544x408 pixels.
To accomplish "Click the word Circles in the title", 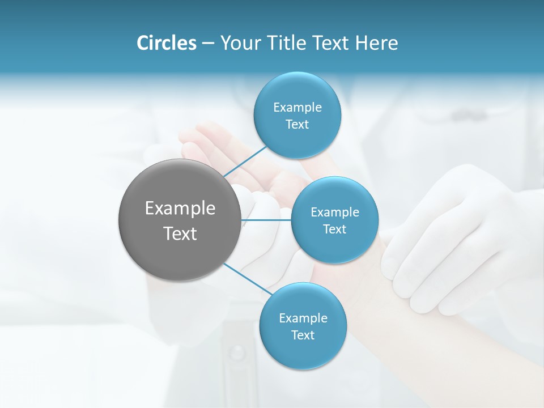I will tap(167, 43).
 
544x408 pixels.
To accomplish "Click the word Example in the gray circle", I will tap(180, 209).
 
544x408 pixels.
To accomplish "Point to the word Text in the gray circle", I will tap(180, 233).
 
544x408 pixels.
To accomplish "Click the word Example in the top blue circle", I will tap(297, 108).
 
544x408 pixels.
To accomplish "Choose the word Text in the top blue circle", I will tap(297, 125).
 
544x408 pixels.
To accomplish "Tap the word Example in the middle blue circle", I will tap(335, 212).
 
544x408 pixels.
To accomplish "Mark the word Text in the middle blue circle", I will tap(334, 229).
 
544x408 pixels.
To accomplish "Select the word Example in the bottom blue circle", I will tap(303, 318).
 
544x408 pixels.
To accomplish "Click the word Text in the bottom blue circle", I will tap(303, 335).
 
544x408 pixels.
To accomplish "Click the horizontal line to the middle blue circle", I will tap(266, 220).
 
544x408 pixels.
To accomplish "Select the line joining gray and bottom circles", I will tap(248, 278).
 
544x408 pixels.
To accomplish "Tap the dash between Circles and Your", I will tap(208, 43).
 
